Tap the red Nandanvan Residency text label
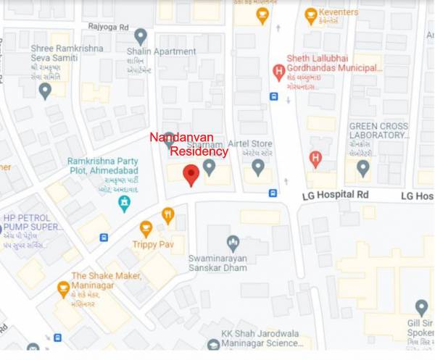(188, 144)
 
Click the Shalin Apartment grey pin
(141, 36)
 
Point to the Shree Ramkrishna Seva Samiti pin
(45, 91)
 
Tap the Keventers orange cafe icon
(311, 14)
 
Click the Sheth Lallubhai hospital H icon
(278, 72)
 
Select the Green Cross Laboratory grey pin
(363, 168)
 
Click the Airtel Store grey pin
(257, 167)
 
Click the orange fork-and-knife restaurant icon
(168, 214)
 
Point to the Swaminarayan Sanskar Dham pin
(233, 243)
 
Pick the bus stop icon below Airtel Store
(273, 193)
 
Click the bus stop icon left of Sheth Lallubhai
(273, 96)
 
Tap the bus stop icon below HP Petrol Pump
(104, 237)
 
